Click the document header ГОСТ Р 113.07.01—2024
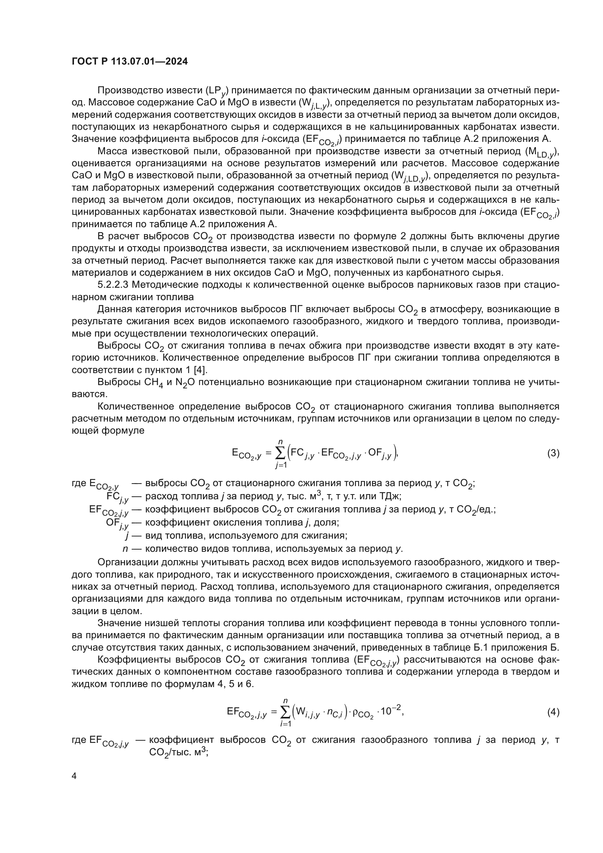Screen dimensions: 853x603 point(129,62)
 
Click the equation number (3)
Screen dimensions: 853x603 point(553,453)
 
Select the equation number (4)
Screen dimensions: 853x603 point(553,712)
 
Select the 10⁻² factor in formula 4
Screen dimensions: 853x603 point(391,711)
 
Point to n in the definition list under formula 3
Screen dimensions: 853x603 point(125,549)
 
